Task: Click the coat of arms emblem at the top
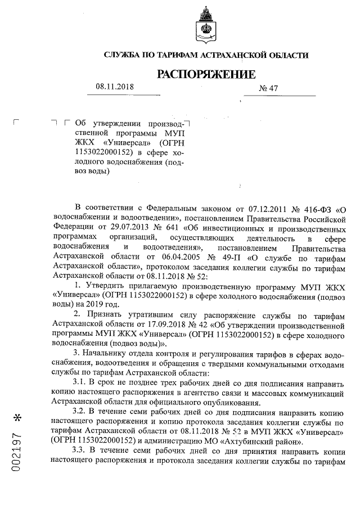(205, 26)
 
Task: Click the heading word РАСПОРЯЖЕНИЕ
(205, 74)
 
